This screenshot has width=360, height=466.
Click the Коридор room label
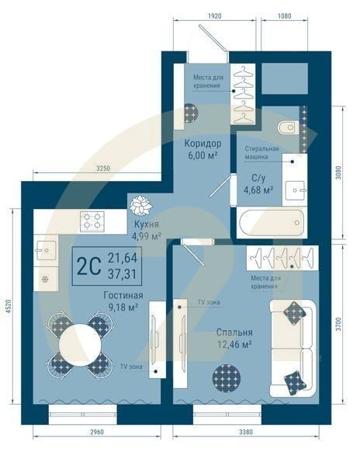pyautogui.click(x=202, y=144)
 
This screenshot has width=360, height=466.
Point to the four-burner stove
pyautogui.click(x=93, y=220)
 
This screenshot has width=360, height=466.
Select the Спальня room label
pyautogui.click(x=234, y=332)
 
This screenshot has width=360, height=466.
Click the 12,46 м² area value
pyautogui.click(x=234, y=344)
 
